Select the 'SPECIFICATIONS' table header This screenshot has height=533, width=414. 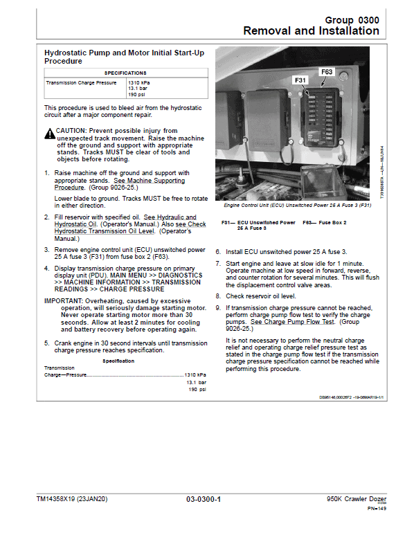click(125, 73)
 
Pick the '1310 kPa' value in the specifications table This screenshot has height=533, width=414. click(138, 82)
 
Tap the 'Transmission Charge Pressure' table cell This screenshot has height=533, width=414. click(81, 82)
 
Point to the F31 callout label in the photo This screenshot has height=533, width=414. click(300, 80)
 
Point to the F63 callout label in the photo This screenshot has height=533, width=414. click(327, 72)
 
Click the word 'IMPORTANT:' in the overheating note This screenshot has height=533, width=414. click(64, 301)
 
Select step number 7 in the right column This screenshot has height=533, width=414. click(217, 264)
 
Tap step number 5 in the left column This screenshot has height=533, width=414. click(46, 343)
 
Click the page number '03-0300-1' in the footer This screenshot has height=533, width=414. click(204, 499)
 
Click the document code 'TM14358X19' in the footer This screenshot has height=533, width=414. click(59, 499)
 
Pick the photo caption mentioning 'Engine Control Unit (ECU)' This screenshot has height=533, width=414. click(298, 206)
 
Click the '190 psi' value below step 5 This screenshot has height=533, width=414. click(197, 390)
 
